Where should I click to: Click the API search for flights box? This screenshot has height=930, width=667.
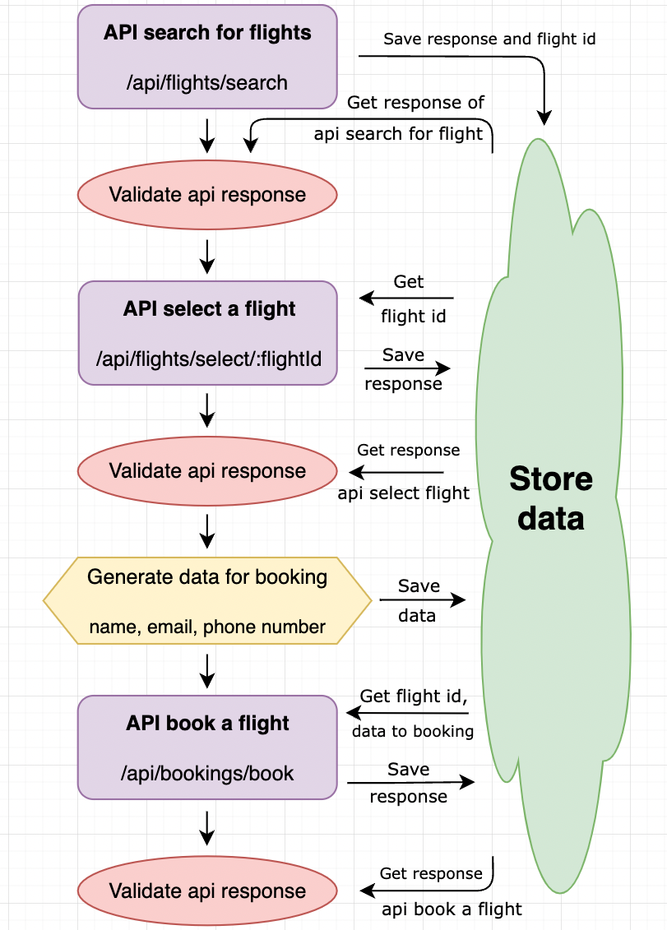[207, 56]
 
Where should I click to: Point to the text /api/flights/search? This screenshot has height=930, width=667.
[207, 83]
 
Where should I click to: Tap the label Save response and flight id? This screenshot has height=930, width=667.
[489, 39]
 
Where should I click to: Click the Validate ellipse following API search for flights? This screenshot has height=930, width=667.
[207, 195]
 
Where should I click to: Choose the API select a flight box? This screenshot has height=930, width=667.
[207, 332]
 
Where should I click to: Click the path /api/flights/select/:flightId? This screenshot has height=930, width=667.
[207, 359]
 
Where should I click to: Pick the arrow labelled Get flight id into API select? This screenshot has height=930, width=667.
[407, 298]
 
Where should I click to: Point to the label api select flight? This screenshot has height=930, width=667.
[403, 493]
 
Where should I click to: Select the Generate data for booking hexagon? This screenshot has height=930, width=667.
[207, 601]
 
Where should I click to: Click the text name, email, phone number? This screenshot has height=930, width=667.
[207, 627]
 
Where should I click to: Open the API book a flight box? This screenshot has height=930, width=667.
[207, 747]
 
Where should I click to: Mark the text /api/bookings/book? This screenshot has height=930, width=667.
[207, 774]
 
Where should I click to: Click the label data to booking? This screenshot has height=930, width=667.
[412, 731]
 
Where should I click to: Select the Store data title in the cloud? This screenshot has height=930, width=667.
[550, 498]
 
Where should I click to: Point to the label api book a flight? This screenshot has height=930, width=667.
[452, 909]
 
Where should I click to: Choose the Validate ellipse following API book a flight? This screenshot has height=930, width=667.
[207, 891]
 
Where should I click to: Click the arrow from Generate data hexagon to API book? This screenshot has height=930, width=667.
[207, 670]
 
